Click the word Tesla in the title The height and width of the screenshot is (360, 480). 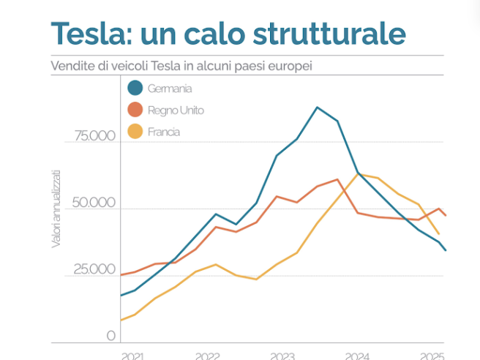tap(87, 34)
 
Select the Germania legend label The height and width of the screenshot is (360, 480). tap(170, 89)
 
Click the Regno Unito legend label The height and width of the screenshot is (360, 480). tap(176, 110)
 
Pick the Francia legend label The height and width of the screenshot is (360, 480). tap(163, 132)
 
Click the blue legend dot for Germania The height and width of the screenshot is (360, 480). tap(135, 89)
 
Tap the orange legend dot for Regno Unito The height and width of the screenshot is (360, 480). tap(135, 110)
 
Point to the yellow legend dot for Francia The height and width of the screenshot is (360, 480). tap(135, 132)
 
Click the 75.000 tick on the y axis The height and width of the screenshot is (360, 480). tap(94, 136)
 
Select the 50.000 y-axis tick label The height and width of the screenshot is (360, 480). tap(94, 203)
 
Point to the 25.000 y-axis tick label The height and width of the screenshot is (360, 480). tap(94, 269)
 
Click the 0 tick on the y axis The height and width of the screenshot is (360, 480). tap(111, 337)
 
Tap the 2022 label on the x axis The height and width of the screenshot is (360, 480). tap(207, 355)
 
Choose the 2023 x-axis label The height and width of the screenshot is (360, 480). tap(282, 355)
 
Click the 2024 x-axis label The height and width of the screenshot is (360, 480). tap(358, 355)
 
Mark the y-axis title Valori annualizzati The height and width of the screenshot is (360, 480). tap(56, 208)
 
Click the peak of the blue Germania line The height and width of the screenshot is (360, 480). tap(318, 108)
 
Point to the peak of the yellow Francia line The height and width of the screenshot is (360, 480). tap(359, 174)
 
